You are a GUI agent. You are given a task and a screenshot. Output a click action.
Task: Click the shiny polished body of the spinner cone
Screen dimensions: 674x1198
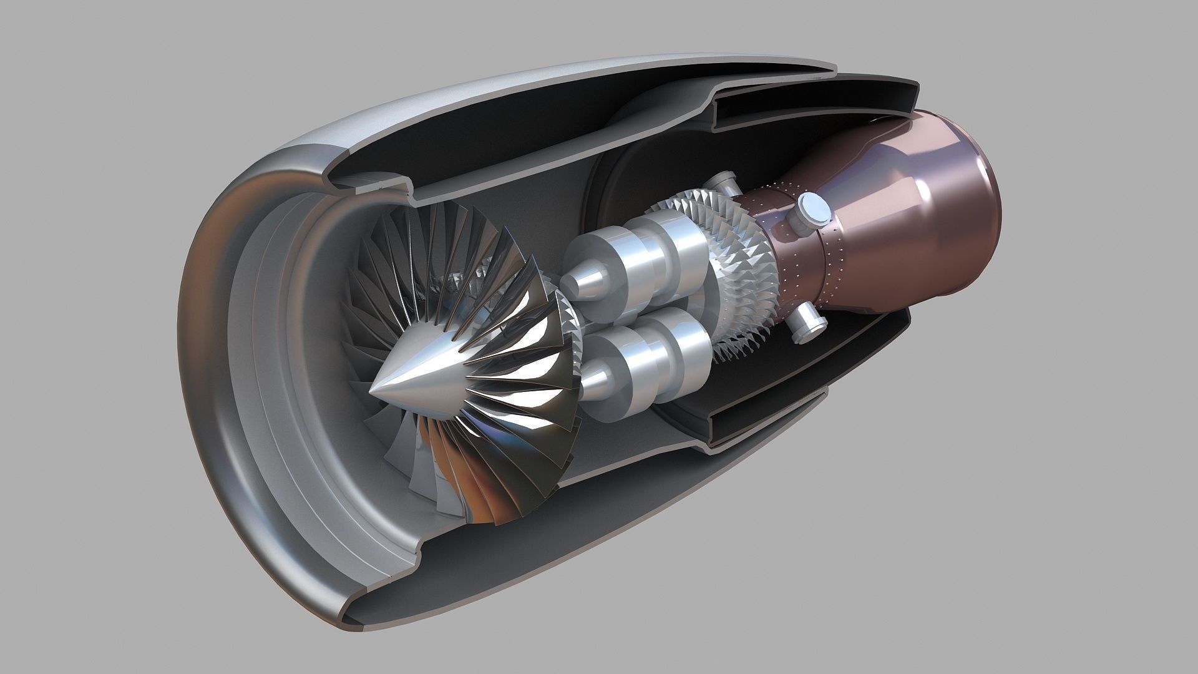point(424,381)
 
